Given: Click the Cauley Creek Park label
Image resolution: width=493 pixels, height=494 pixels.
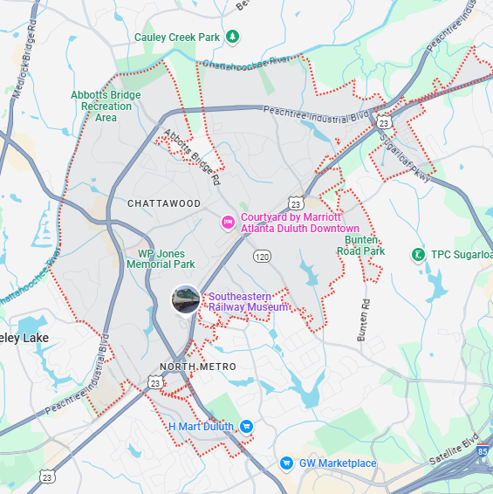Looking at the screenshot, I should coord(177,37).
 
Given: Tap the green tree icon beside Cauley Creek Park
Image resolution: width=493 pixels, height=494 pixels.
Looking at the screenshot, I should coord(232,37).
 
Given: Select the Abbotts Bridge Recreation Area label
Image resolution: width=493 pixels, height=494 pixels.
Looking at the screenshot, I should coord(106,106).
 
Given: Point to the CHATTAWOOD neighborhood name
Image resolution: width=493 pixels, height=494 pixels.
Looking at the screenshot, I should coord(164,203).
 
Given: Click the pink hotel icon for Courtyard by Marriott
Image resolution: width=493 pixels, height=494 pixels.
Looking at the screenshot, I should coord(228,223).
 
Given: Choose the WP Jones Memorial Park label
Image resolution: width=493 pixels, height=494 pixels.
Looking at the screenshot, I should coord(161,258).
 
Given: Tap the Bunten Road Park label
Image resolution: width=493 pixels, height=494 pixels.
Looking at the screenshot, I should coord(360,245).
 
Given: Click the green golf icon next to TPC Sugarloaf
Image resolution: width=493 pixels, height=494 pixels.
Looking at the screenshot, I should coord(418,255).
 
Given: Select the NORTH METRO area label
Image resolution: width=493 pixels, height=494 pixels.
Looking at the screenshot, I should coord(198,367).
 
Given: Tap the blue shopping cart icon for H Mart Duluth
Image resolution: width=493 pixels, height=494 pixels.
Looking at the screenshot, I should coord(246,426).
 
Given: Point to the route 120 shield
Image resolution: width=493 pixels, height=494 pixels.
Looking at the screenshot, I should coord(262,257).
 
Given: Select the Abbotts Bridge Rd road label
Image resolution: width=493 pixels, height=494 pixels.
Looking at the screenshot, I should coord(190,157).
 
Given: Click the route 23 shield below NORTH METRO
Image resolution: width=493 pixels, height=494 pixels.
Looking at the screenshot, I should coord(154,382).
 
